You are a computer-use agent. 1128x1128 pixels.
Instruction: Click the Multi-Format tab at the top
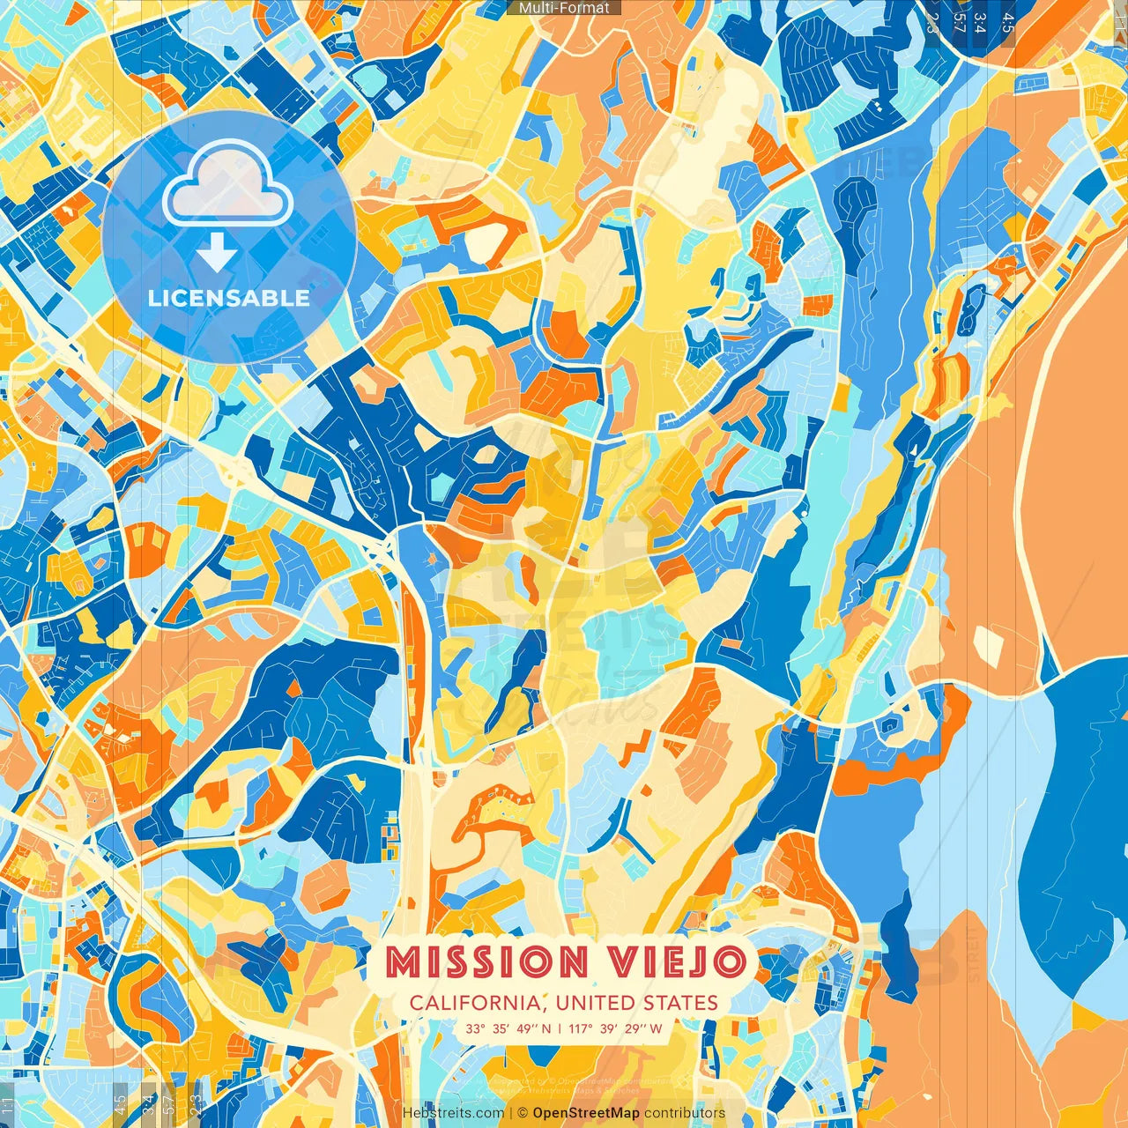(564, 8)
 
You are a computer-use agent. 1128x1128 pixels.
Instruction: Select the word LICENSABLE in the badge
(229, 298)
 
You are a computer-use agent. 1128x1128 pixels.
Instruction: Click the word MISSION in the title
(486, 961)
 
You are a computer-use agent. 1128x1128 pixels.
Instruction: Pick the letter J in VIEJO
(696, 961)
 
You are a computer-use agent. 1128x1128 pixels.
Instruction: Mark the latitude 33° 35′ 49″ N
(508, 1028)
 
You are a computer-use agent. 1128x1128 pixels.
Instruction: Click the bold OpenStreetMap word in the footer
(586, 1113)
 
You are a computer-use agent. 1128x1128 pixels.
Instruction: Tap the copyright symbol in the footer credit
(522, 1113)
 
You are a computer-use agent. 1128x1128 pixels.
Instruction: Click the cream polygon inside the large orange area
(990, 647)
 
